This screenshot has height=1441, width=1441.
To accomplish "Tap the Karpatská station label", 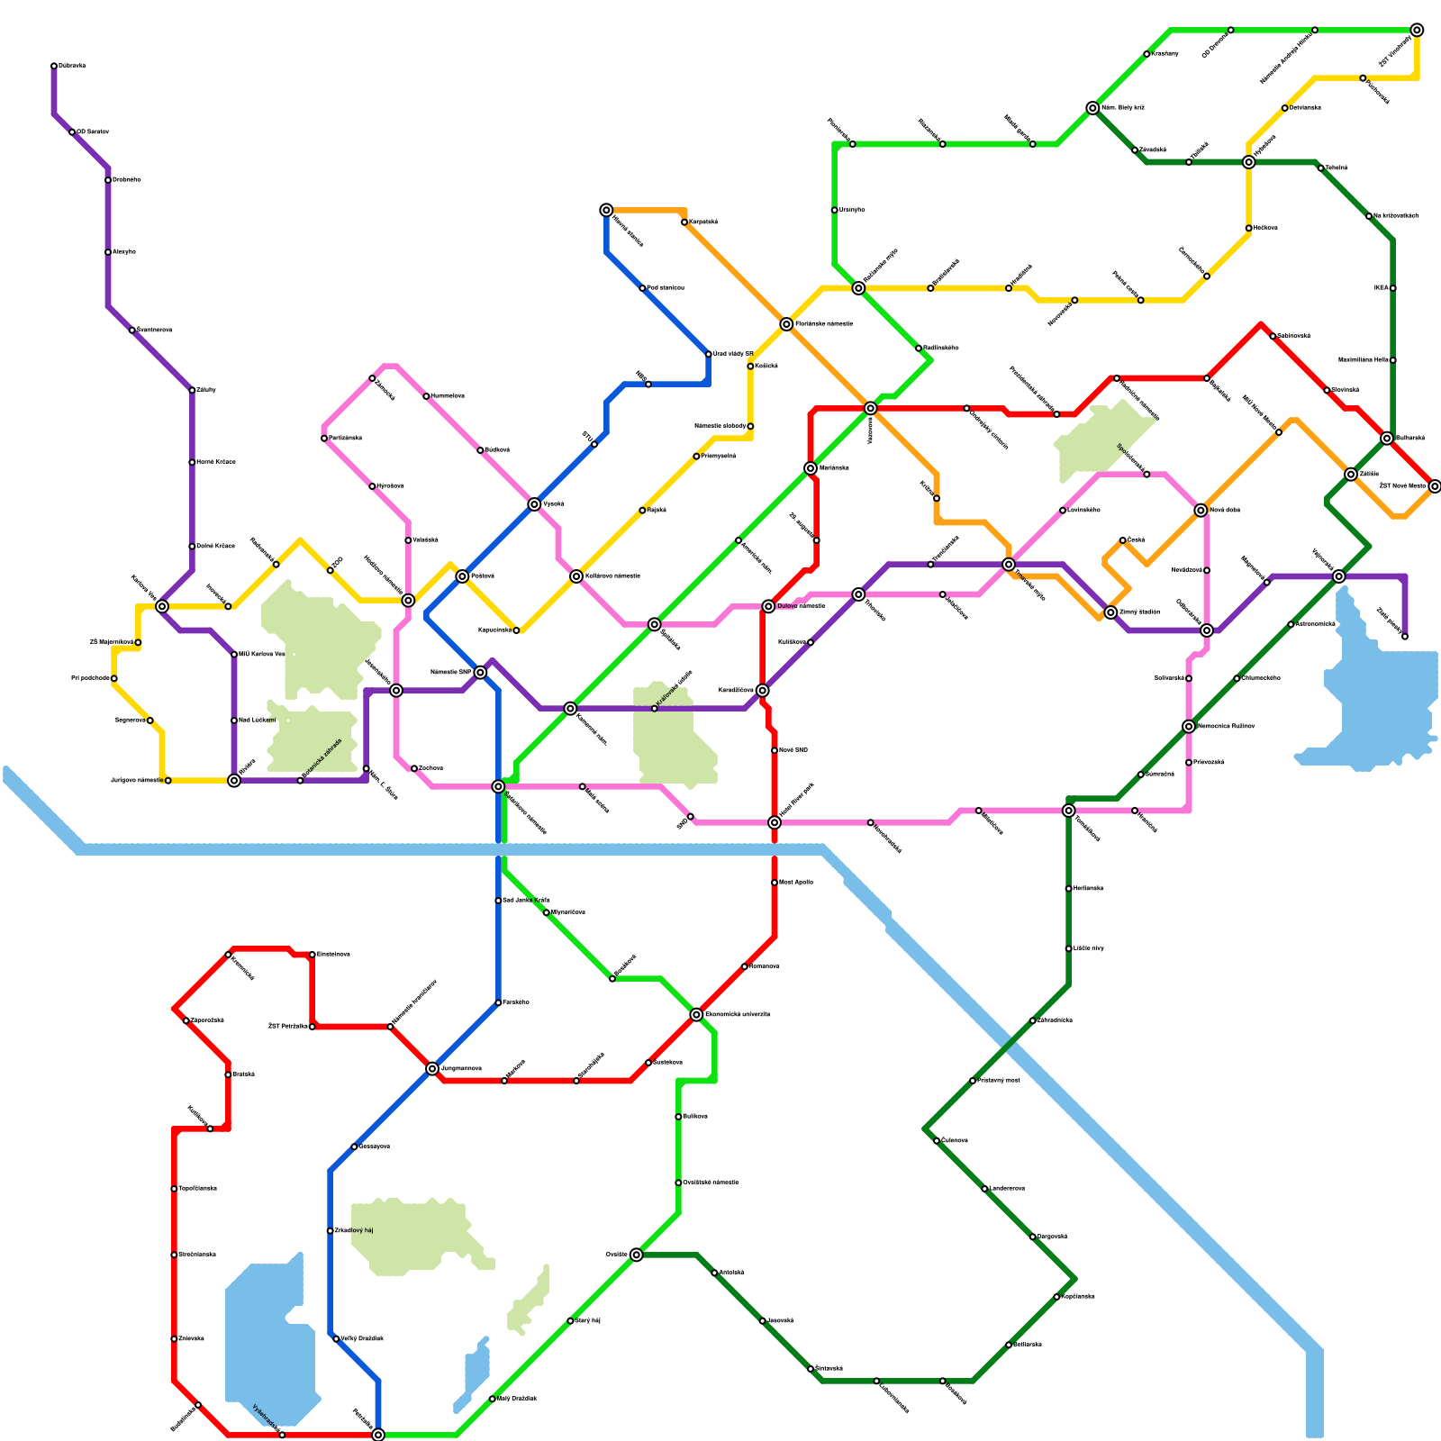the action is click(x=703, y=222).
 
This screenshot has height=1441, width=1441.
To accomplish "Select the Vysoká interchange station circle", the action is click(x=534, y=504).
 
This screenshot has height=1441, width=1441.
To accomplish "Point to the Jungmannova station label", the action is click(x=461, y=1069).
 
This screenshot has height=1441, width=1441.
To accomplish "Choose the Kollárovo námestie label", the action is click(x=612, y=576).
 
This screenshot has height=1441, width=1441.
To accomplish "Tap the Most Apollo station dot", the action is click(x=775, y=883).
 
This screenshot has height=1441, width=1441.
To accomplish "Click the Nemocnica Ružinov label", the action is click(x=1226, y=726).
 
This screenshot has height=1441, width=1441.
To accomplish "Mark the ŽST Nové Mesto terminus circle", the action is click(x=1435, y=486).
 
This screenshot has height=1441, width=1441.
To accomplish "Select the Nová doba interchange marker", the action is click(x=1201, y=511).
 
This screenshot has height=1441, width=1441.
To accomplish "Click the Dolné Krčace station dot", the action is click(x=192, y=547).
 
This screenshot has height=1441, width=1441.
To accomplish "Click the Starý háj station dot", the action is click(x=570, y=1321).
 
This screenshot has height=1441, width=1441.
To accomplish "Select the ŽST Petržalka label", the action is click(x=288, y=1026).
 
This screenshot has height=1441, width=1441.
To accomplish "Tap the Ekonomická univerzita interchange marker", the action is click(x=696, y=1015).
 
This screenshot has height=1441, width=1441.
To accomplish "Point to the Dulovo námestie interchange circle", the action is click(x=768, y=606).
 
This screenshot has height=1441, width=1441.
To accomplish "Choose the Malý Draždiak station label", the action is click(x=517, y=1399).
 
